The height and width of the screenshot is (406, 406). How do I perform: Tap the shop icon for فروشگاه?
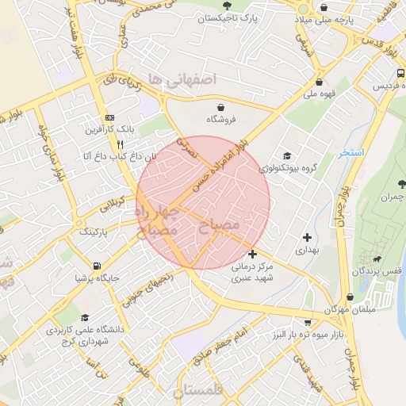point(220,106)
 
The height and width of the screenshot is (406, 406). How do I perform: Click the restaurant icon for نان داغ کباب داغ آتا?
point(120,144)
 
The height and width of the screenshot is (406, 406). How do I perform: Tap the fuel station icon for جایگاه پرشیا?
point(96,266)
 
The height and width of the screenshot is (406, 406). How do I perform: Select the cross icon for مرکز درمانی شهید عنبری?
point(252,254)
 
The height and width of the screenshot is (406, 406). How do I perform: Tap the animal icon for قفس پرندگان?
point(382,259)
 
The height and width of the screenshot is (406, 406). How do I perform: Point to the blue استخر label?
point(350,152)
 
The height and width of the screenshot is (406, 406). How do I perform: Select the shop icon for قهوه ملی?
point(319,81)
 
